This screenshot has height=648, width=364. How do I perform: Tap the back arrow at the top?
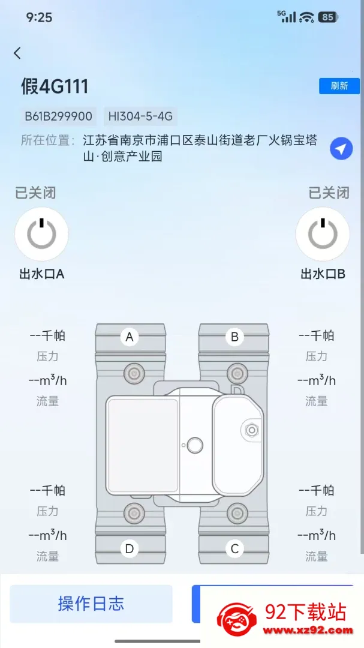click(x=17, y=53)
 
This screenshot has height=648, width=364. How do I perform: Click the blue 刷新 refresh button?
click(x=339, y=86)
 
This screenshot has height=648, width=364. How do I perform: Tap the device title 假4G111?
click(x=55, y=87)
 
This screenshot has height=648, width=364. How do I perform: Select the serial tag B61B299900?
click(x=59, y=116)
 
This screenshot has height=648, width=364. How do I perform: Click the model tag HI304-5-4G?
click(x=140, y=116)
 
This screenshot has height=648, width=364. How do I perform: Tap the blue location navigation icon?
click(x=341, y=149)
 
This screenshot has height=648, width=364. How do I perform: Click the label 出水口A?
click(x=42, y=274)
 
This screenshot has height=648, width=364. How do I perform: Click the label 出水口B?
click(x=323, y=274)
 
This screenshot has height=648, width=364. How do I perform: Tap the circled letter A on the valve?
click(x=130, y=337)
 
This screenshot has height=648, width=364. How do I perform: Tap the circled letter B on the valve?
click(x=234, y=337)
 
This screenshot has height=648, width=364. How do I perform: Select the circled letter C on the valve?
click(x=234, y=549)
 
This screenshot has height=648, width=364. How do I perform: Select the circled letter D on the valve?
click(x=130, y=549)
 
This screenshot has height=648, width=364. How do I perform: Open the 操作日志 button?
click(x=91, y=604)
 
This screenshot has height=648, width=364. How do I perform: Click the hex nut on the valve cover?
click(x=252, y=430)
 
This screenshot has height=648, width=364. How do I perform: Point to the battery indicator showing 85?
click(x=329, y=17)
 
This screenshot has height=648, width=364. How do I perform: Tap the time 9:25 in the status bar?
click(x=39, y=17)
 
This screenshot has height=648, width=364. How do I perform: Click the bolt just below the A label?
click(x=134, y=374)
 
